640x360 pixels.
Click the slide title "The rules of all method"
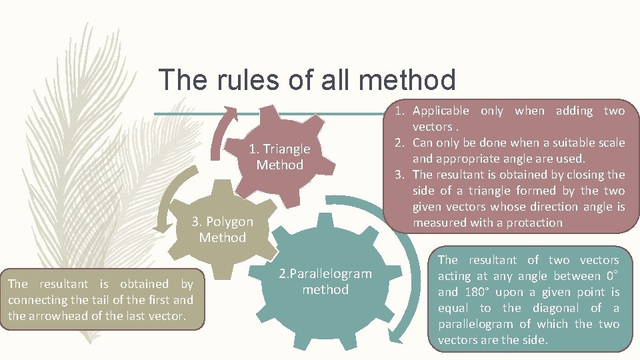[x=307, y=80]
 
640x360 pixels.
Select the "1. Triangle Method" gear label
[x=280, y=157]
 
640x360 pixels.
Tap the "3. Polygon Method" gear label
[x=223, y=229]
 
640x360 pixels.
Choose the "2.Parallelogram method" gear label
[x=325, y=281]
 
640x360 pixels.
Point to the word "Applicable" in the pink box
[x=441, y=111]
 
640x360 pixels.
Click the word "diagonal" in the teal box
[x=563, y=308]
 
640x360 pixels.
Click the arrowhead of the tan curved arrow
[x=161, y=229]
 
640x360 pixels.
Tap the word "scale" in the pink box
[x=610, y=143]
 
